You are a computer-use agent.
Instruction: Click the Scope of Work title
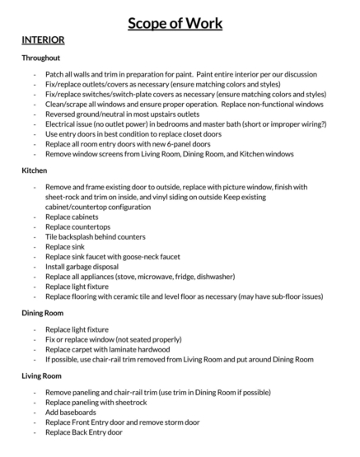click(x=180, y=23)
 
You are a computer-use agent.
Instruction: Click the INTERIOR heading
click(x=44, y=40)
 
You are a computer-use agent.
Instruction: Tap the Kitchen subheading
click(x=35, y=171)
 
